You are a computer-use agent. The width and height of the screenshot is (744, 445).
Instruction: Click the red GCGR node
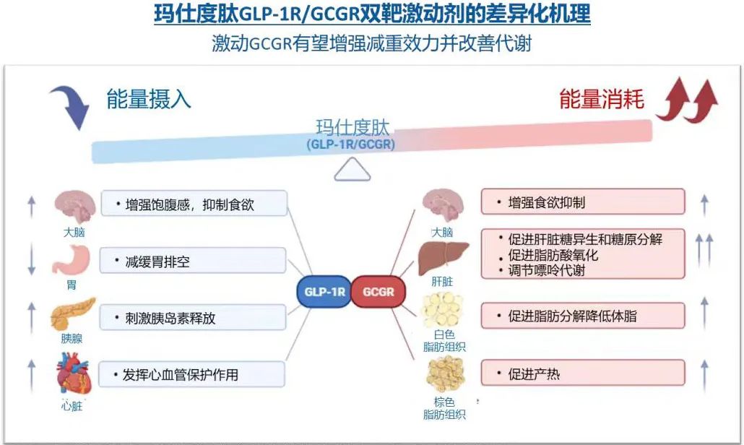[379, 293]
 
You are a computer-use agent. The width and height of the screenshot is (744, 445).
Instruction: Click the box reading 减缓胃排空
[193, 261]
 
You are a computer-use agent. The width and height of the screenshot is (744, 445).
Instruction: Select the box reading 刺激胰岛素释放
[193, 318]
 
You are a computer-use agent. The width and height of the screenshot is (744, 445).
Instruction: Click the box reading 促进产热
[582, 373]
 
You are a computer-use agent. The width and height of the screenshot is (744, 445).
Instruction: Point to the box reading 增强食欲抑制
[582, 202]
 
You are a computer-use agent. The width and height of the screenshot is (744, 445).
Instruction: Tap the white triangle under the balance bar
[352, 170]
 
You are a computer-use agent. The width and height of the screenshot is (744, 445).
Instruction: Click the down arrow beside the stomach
[31, 261]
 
